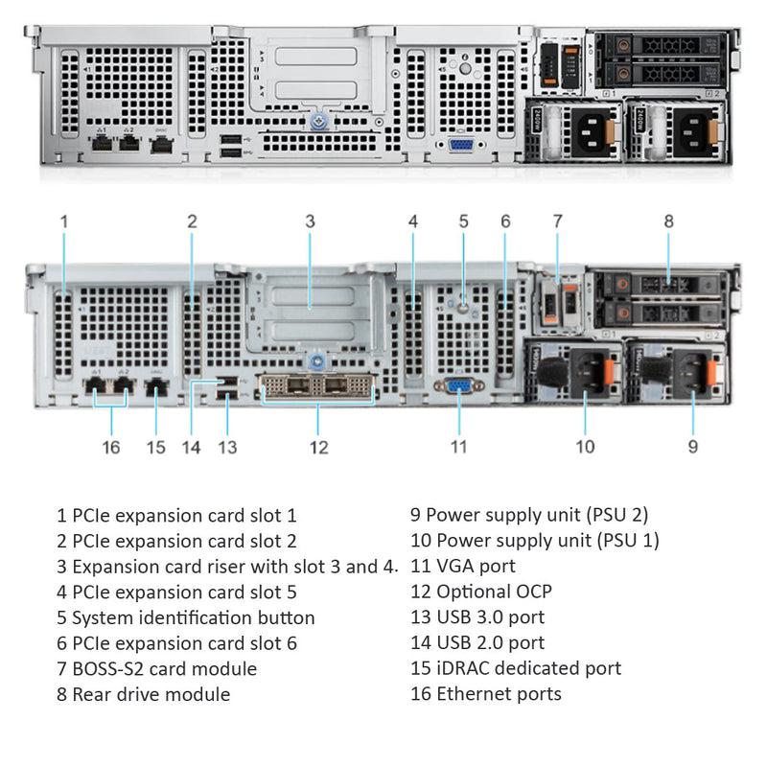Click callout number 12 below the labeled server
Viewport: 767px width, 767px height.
[x=319, y=447]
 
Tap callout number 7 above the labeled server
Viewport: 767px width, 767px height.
[x=557, y=221]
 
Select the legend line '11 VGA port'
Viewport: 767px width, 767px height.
[x=462, y=566]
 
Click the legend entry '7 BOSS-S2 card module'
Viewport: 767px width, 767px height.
[x=156, y=668]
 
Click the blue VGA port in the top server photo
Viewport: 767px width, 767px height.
[x=460, y=145]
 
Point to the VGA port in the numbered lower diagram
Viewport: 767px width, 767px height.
[x=459, y=385]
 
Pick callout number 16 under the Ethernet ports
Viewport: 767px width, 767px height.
[x=111, y=447]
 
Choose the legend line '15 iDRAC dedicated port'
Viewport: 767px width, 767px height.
[x=515, y=668]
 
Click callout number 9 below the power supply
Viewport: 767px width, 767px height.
[x=693, y=446]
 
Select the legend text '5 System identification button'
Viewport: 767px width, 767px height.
[x=185, y=617]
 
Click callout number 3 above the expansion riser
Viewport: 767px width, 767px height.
[x=310, y=221]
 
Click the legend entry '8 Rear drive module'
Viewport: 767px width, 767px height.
[x=143, y=694]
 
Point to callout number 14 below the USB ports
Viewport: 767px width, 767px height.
[x=191, y=447]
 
